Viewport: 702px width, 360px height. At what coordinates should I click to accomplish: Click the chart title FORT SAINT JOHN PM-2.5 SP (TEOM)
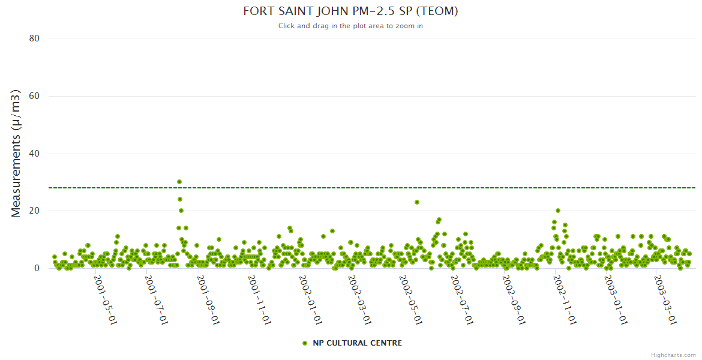(x=350, y=11)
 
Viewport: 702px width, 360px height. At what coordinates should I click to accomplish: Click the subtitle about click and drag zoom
(x=350, y=26)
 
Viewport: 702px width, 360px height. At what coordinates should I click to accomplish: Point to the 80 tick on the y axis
(x=34, y=38)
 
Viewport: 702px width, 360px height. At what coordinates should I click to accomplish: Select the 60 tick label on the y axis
(x=34, y=96)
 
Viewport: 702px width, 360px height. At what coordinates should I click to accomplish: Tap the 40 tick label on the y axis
(x=34, y=154)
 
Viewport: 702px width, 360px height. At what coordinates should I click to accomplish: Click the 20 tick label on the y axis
(x=34, y=211)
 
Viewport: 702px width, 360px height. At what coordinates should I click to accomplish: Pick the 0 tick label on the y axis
(x=37, y=269)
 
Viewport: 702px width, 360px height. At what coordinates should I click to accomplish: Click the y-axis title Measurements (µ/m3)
(x=16, y=153)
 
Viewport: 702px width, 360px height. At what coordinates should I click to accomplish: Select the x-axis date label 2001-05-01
(x=104, y=299)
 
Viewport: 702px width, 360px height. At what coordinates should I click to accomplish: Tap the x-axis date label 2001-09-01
(x=208, y=299)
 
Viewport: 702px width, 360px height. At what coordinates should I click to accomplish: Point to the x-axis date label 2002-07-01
(x=461, y=299)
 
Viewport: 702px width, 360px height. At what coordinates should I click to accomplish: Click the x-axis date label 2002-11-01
(x=565, y=299)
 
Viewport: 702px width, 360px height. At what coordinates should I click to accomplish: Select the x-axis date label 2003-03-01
(x=665, y=299)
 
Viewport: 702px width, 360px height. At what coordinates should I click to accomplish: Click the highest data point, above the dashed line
(x=179, y=182)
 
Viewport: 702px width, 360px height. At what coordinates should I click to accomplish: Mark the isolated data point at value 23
(x=417, y=202)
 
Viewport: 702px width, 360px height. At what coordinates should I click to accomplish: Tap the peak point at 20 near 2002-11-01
(x=558, y=211)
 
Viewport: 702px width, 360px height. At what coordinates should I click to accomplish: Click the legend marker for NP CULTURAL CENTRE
(x=305, y=343)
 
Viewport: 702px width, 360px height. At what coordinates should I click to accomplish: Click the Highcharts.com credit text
(x=673, y=355)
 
